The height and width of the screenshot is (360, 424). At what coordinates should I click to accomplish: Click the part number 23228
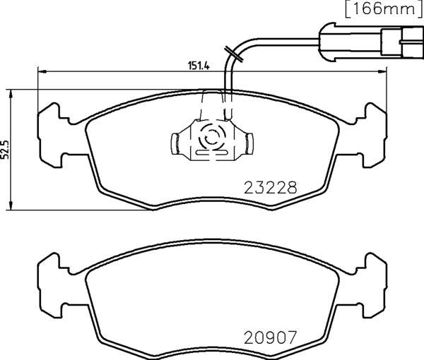pos(269,188)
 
